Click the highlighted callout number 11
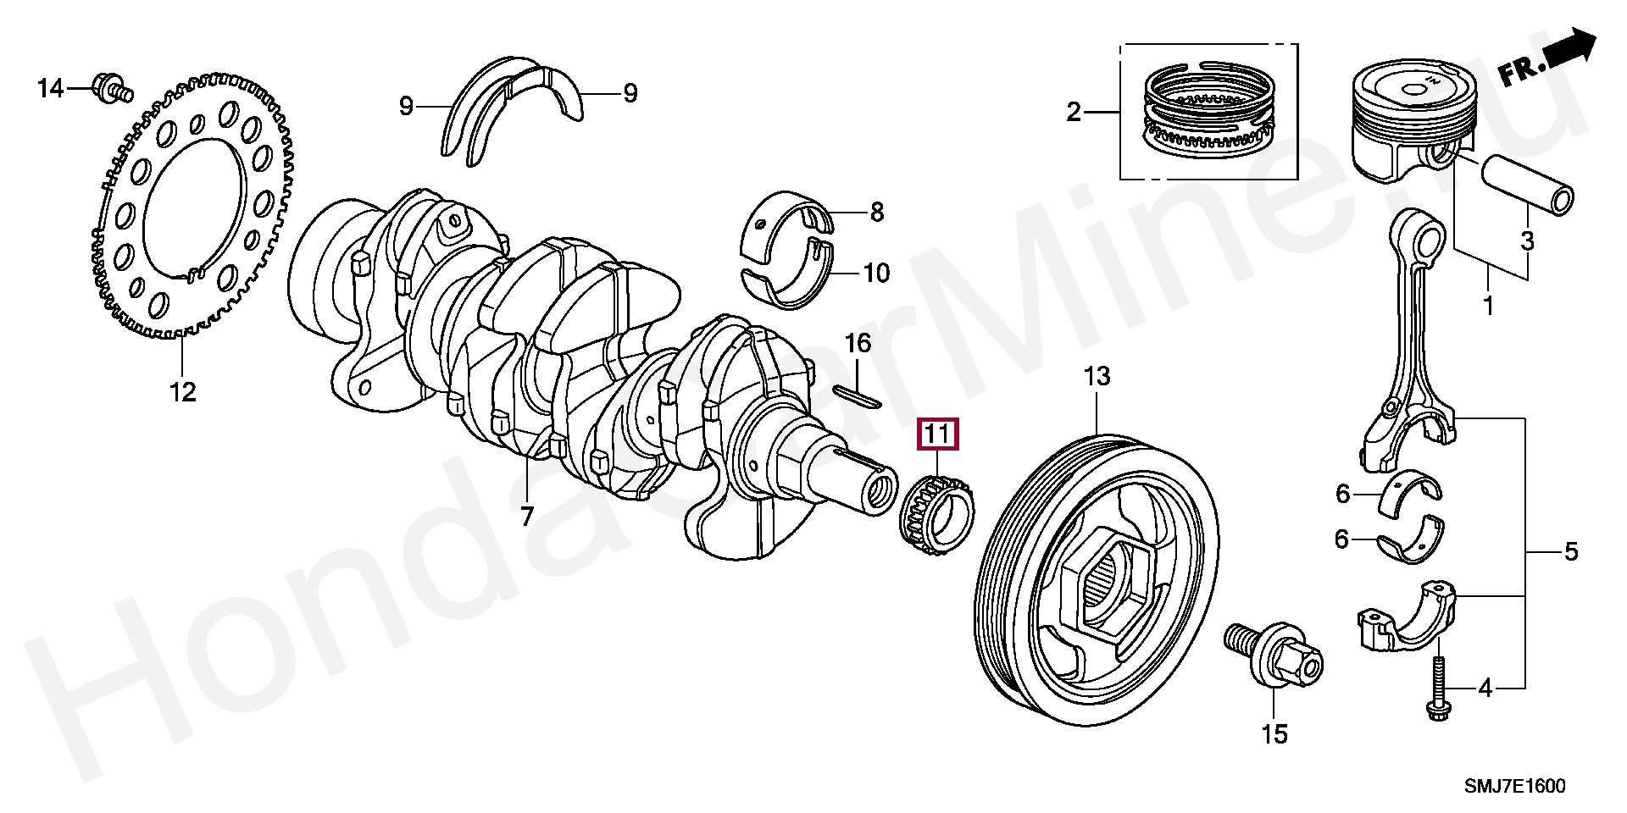[936, 435]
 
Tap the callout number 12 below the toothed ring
[182, 392]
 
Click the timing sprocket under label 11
[936, 513]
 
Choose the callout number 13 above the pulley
[1097, 377]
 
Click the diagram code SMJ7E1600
[1516, 786]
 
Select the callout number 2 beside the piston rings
[1074, 111]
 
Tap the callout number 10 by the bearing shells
[876, 273]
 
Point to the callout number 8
[876, 212]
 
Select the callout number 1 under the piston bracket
[1489, 304]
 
